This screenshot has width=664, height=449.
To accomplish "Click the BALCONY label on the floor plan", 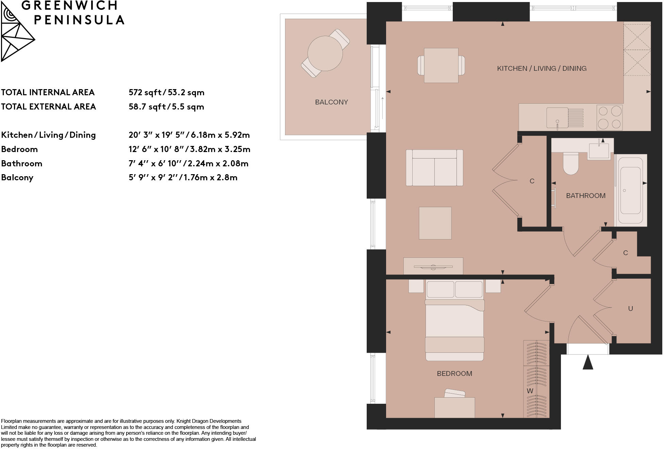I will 331,102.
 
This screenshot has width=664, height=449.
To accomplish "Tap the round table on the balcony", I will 325,53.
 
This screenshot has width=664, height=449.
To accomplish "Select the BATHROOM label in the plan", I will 585,196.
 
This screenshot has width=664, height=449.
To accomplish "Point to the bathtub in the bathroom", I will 630,190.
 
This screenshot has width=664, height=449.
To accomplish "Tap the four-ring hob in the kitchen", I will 610,118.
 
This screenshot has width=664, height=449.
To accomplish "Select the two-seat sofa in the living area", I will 434,168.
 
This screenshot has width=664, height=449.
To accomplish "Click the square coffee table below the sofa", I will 435,223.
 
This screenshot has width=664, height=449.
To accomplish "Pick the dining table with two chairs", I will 441,65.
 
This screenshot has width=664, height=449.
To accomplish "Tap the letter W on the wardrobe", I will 530,391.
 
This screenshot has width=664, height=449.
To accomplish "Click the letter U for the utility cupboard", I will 630,309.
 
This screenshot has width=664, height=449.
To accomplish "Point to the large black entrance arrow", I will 587,363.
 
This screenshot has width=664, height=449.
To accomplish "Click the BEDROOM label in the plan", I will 454,373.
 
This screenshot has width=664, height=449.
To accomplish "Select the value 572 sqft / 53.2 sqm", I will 166,93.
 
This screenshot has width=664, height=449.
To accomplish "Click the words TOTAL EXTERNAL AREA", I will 48,107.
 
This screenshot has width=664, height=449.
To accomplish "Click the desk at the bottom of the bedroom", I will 454,407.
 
